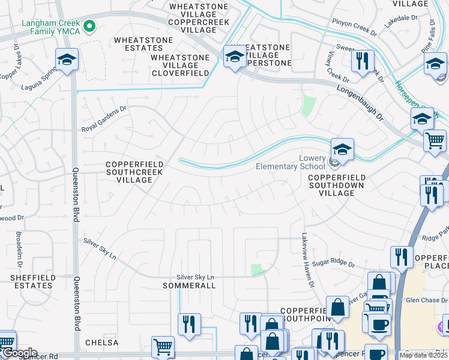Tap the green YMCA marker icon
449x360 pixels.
90,26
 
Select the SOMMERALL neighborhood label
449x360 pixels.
189,286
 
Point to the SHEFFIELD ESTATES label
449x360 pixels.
33,281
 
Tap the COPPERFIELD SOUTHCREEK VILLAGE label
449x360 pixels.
134,172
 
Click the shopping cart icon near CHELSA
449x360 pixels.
163,346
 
